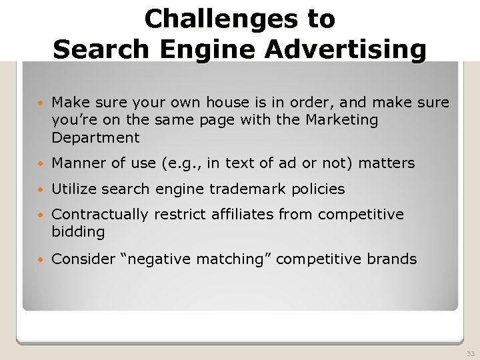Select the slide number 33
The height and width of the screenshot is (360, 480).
471,354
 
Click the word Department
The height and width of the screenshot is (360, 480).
95,139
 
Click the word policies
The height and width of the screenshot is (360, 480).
317,189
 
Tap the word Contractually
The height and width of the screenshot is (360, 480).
100,215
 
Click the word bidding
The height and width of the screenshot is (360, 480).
78,233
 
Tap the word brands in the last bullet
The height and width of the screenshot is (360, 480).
392,259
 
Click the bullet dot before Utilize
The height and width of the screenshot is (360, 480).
42,190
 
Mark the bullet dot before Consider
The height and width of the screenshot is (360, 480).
42,260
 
